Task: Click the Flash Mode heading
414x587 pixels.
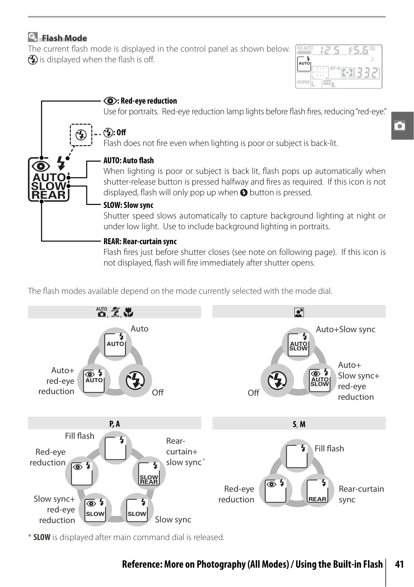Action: pyautogui.click(x=64, y=38)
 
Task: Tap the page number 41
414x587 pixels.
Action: pyautogui.click(x=399, y=564)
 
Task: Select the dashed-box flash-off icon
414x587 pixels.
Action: pyautogui.click(x=81, y=135)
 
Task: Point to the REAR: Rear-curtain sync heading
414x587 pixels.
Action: pyautogui.click(x=140, y=241)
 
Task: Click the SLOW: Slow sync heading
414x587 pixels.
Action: pyautogui.click(x=128, y=205)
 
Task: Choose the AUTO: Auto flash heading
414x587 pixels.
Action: pyautogui.click(x=129, y=160)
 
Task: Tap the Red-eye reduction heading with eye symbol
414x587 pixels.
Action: pyautogui.click(x=140, y=101)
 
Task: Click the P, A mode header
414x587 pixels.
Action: pyautogui.click(x=115, y=424)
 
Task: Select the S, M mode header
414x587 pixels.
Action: pyautogui.click(x=299, y=424)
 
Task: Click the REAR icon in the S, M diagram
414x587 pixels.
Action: pyautogui.click(x=317, y=491)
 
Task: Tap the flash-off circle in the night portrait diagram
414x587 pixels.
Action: pyautogui.click(x=277, y=380)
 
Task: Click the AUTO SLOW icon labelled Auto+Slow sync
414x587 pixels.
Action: pyautogui.click(x=298, y=344)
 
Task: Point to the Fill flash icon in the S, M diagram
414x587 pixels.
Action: pyautogui.click(x=297, y=456)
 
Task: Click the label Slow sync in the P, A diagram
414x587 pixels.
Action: pyautogui.click(x=173, y=519)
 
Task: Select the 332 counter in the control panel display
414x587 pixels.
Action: pyautogui.click(x=367, y=72)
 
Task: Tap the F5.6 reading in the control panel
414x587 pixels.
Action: pyautogui.click(x=358, y=50)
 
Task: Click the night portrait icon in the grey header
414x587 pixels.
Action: pyautogui.click(x=299, y=312)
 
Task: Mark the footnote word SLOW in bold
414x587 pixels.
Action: pyautogui.click(x=42, y=537)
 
